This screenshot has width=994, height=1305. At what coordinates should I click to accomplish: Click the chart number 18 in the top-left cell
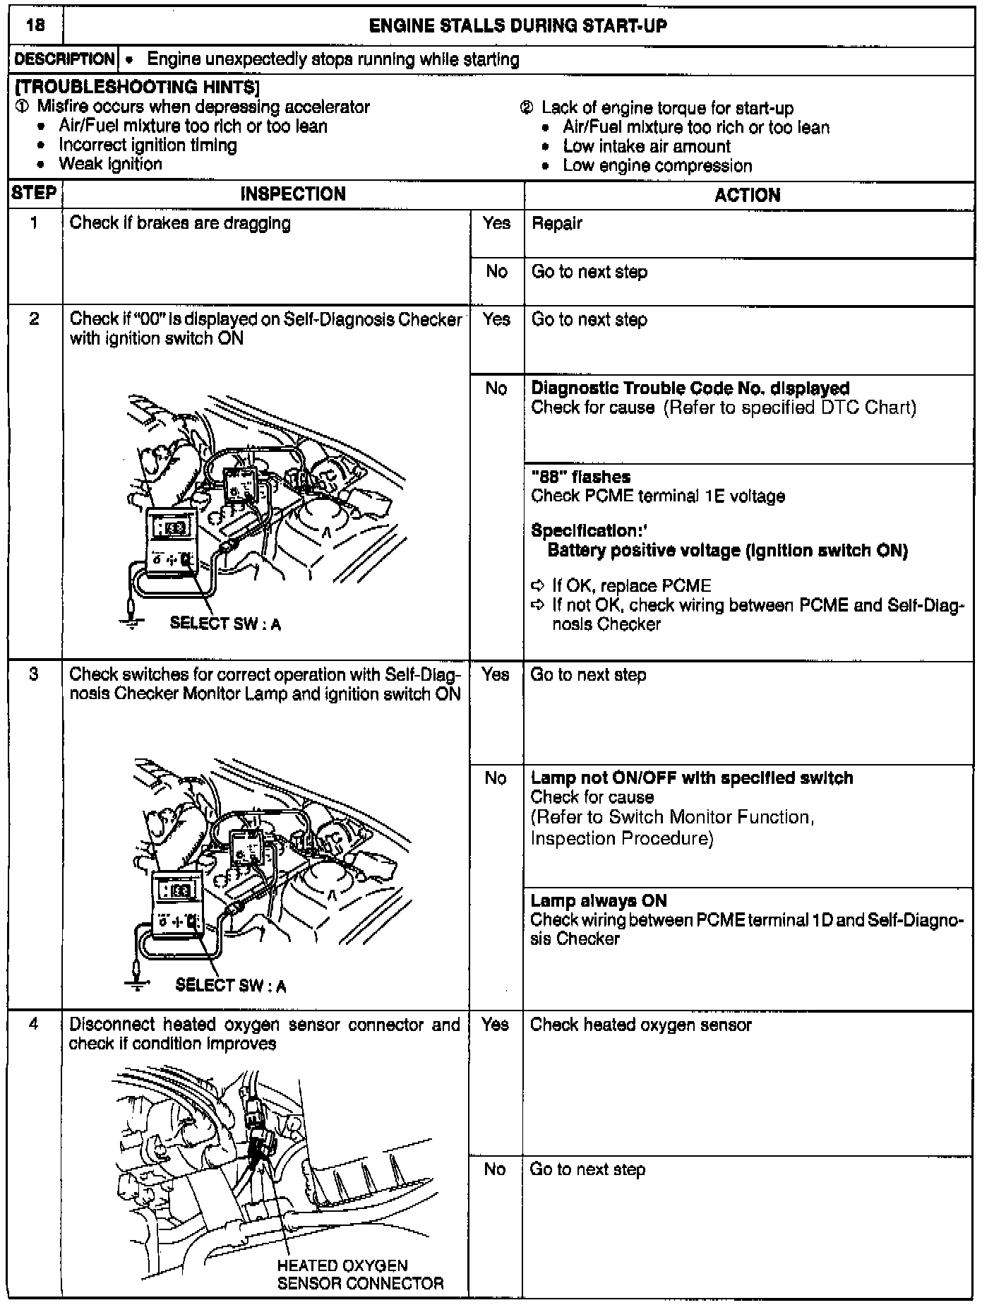tap(34, 27)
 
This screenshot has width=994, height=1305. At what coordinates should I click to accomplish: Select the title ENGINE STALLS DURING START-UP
tap(518, 27)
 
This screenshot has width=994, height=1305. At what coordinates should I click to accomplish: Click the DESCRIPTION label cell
tap(64, 60)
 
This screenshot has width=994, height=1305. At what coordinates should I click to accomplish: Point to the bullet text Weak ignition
tap(110, 165)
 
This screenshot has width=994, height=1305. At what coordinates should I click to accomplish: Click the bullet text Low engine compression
tap(657, 166)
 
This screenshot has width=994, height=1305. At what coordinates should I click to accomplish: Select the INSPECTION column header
tap(293, 195)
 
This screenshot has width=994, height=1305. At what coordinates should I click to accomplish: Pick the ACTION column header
tap(748, 196)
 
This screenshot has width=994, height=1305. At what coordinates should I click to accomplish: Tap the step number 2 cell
tap(34, 319)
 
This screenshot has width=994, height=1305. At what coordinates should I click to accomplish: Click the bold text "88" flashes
tap(580, 477)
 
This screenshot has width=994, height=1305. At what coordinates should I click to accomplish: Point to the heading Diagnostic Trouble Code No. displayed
tap(690, 388)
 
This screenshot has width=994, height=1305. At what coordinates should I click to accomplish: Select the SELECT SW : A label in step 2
tap(225, 624)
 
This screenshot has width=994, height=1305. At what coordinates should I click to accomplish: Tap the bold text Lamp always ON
tap(599, 901)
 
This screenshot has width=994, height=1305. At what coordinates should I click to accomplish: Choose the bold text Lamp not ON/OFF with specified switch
tap(691, 778)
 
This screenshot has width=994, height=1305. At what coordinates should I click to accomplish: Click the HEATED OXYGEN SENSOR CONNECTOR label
tap(360, 1275)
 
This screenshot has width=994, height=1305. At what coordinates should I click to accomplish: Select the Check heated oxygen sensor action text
tap(640, 1025)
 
